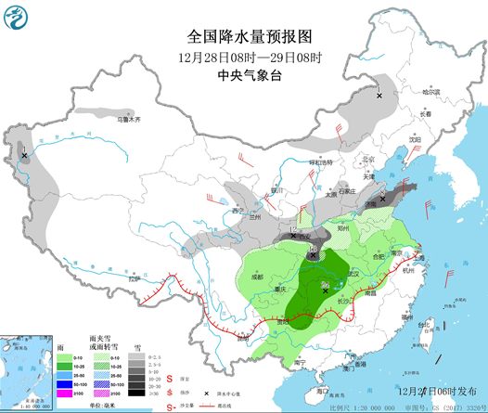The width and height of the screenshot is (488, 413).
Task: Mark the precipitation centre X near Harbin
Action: click(379, 95)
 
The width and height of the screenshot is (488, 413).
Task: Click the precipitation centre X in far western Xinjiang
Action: click(24, 155)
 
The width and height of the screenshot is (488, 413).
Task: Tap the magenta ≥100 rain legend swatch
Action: click(67, 393)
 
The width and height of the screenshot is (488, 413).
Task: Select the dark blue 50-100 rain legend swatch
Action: click(67, 381)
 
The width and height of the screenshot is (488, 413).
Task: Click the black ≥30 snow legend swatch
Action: click(135, 393)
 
